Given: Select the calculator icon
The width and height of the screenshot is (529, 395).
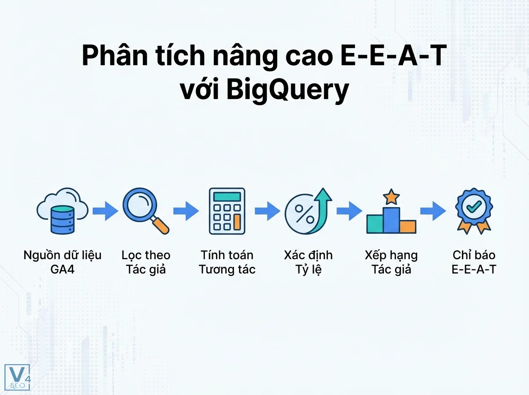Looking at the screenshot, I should pyautogui.click(x=227, y=211).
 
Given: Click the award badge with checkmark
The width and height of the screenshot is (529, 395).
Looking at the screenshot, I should pyautogui.click(x=474, y=211).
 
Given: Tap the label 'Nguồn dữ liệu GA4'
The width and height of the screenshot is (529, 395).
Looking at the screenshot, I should pyautogui.click(x=63, y=262).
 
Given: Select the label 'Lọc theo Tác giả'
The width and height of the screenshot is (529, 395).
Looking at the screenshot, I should pyautogui.click(x=146, y=262).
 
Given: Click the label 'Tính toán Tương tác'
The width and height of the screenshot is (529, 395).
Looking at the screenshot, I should pyautogui.click(x=227, y=262).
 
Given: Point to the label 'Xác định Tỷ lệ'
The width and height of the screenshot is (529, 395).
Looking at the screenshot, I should pyautogui.click(x=309, y=262).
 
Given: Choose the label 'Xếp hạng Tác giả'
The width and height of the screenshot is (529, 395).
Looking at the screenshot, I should pyautogui.click(x=391, y=262).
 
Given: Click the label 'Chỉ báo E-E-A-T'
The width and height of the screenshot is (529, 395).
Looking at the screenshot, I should pyautogui.click(x=474, y=262).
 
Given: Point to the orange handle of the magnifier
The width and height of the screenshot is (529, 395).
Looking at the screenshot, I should pyautogui.click(x=161, y=226).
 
